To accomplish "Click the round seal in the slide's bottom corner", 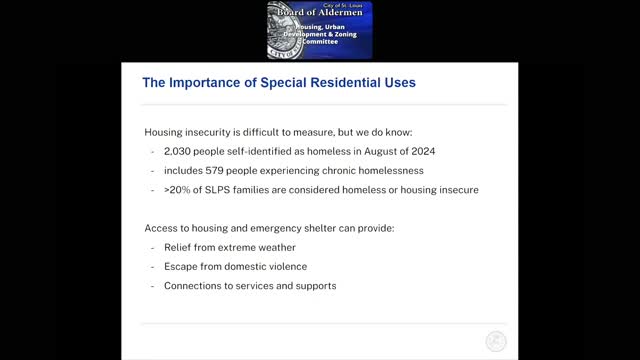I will [x=496, y=341].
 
